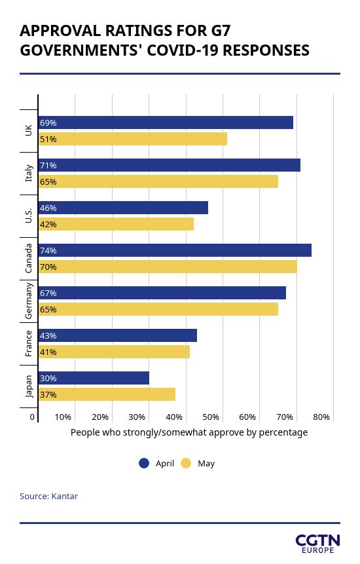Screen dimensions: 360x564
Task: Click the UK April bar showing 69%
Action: pos(166,122)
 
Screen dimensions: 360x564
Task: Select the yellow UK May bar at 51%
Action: pos(133,139)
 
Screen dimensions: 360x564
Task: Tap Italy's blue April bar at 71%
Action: pos(170,165)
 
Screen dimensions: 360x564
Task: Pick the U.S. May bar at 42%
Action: pos(116,224)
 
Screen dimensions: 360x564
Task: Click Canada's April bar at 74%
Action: pos(175,250)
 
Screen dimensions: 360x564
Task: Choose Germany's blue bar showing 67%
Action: pos(162,293)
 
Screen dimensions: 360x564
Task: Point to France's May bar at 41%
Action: pos(114,352)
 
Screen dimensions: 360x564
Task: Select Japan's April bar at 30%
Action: pos(94,378)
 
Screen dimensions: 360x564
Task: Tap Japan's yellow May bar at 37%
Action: pos(107,394)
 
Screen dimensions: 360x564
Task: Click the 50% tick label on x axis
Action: pos(211,417)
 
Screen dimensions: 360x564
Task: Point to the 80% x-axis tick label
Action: pos(321,417)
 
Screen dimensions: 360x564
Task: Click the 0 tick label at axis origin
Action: pos(32,417)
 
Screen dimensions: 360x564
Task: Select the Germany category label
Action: pos(29,301)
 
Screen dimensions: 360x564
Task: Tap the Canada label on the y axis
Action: pos(29,258)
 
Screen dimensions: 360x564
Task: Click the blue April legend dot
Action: pos(144,463)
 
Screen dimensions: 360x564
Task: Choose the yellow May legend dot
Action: pos(186,463)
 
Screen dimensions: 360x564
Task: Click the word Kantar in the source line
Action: pos(65,497)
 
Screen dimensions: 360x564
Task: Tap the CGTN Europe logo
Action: pos(317,544)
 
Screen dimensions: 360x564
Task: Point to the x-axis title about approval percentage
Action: pos(189,432)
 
